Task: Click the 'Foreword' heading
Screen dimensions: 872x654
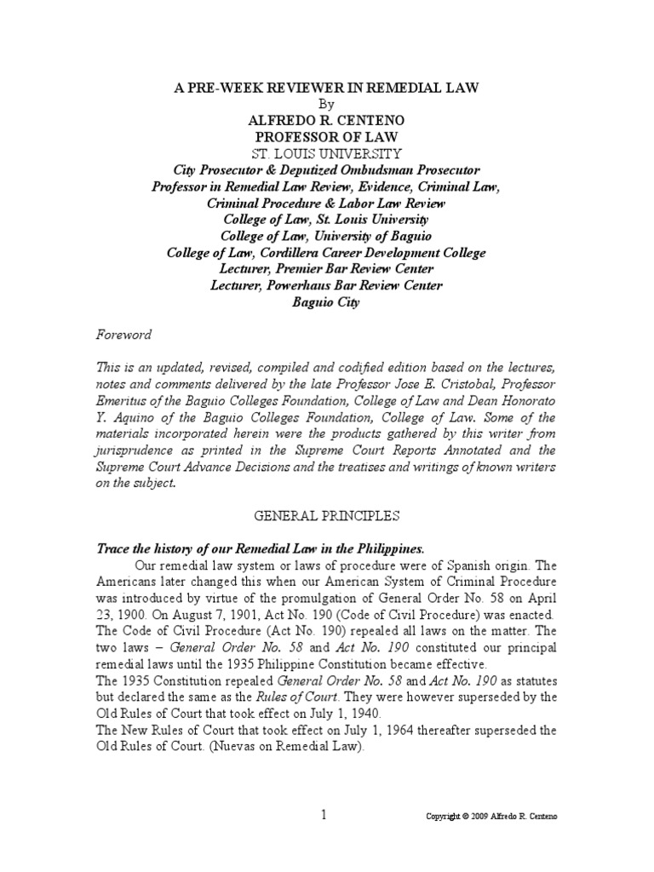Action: click(x=123, y=335)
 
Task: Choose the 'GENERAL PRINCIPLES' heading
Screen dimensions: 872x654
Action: click(x=327, y=515)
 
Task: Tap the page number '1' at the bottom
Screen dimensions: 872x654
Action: click(x=324, y=815)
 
